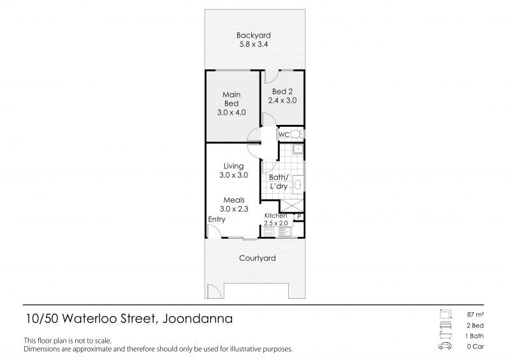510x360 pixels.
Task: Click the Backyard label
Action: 253,35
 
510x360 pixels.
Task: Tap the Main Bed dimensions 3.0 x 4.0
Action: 231,113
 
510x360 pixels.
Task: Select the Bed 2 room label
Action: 282,92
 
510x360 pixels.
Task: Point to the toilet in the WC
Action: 296,134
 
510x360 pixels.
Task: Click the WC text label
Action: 284,134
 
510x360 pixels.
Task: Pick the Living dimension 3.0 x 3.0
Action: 233,175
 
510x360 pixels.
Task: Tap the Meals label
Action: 234,200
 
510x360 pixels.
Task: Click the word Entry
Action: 217,220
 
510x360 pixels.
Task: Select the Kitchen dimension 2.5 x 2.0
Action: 276,223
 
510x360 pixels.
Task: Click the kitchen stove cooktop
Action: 268,231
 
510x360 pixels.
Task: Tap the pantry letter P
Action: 299,216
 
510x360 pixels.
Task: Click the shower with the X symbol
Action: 292,206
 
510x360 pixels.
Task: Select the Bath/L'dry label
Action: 279,182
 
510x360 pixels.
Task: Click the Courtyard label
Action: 258,258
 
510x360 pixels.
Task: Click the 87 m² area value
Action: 475,315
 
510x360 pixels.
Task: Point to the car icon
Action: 445,346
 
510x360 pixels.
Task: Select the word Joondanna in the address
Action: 198,319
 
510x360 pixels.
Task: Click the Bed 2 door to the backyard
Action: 272,76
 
